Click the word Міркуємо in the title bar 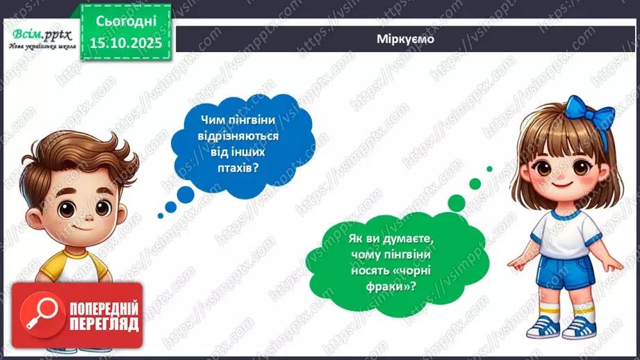(407, 39)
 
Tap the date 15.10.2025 (124, 42)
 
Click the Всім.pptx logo (39, 36)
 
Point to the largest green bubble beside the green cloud (456, 202)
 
